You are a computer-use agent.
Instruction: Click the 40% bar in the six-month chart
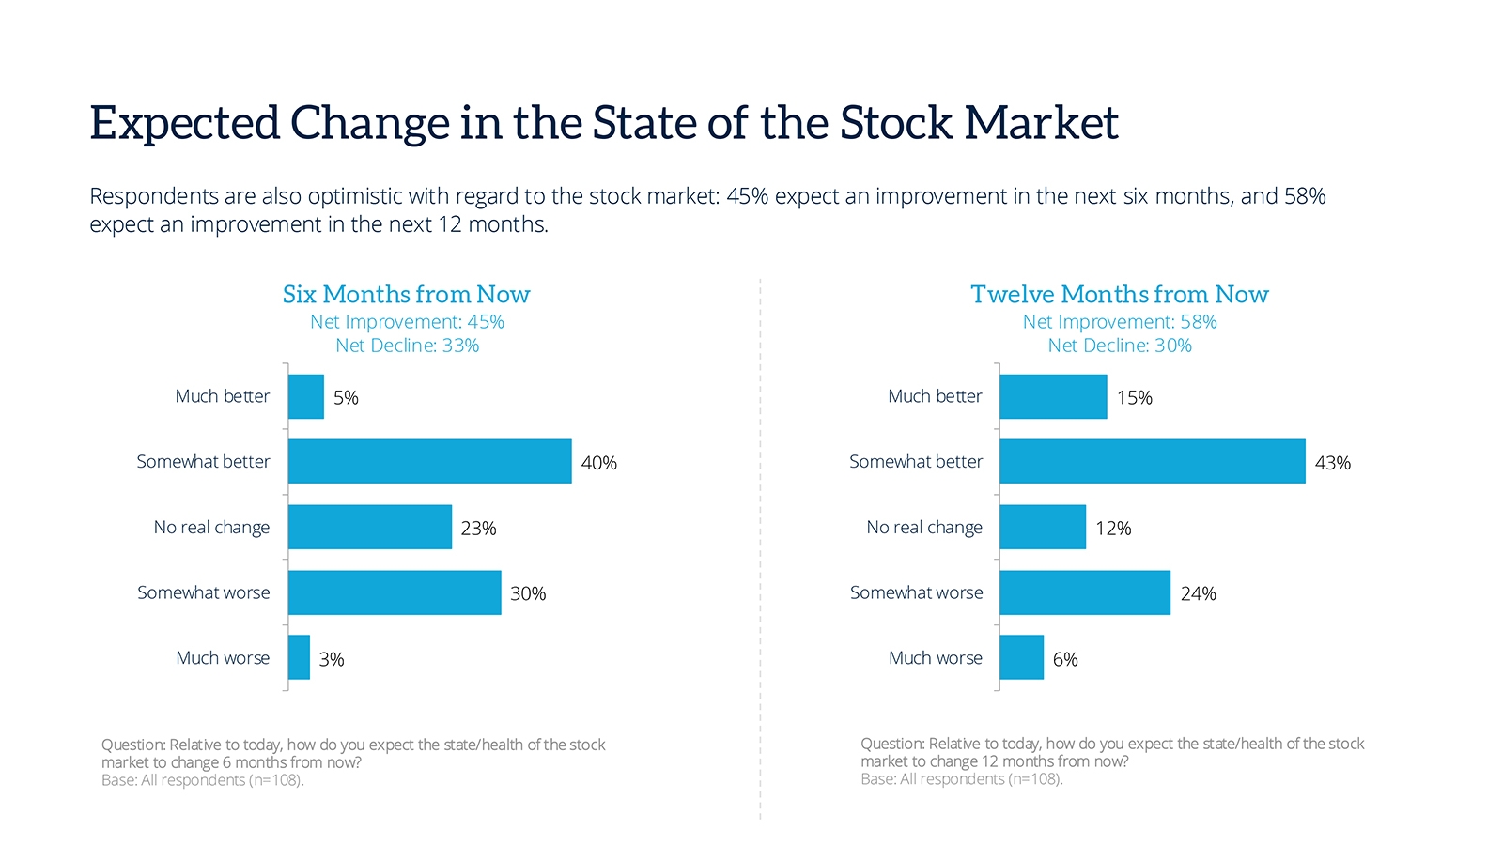click(429, 461)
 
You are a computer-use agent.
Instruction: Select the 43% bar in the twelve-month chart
click(1152, 461)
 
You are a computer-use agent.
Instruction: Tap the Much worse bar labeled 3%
click(299, 657)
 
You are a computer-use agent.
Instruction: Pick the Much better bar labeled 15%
click(1053, 396)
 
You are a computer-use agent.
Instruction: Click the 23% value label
click(478, 529)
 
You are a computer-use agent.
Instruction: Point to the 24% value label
click(1198, 593)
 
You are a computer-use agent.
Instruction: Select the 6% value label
click(1065, 659)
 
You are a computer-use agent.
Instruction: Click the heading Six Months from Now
click(406, 295)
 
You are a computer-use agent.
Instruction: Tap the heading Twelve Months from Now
click(1119, 295)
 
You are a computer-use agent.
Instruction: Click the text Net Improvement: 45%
click(407, 322)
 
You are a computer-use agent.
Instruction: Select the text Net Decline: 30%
click(1119, 346)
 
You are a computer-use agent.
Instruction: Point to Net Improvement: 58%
click(1119, 322)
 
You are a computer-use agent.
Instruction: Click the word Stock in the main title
click(896, 124)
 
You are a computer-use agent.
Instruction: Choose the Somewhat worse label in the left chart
click(203, 592)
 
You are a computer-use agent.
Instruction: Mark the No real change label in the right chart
click(923, 528)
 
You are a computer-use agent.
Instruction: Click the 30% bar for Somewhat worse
click(395, 592)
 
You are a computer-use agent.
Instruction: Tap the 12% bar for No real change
click(1042, 527)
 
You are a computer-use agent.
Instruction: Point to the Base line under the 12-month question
click(961, 779)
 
